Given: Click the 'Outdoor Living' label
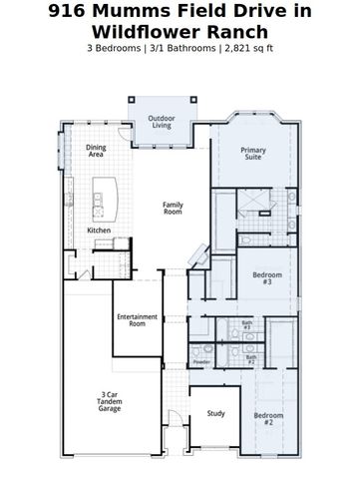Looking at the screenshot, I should [163, 121].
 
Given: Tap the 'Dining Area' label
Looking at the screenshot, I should [96, 151].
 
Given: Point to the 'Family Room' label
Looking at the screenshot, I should [174, 208].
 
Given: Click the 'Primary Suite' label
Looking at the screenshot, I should [253, 154].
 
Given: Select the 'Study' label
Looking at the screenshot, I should [215, 412].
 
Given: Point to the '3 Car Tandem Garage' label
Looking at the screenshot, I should [110, 402].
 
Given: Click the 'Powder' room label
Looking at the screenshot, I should [201, 362].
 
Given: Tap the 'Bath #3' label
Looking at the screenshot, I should [246, 324].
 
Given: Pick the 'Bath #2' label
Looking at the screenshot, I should [251, 357].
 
